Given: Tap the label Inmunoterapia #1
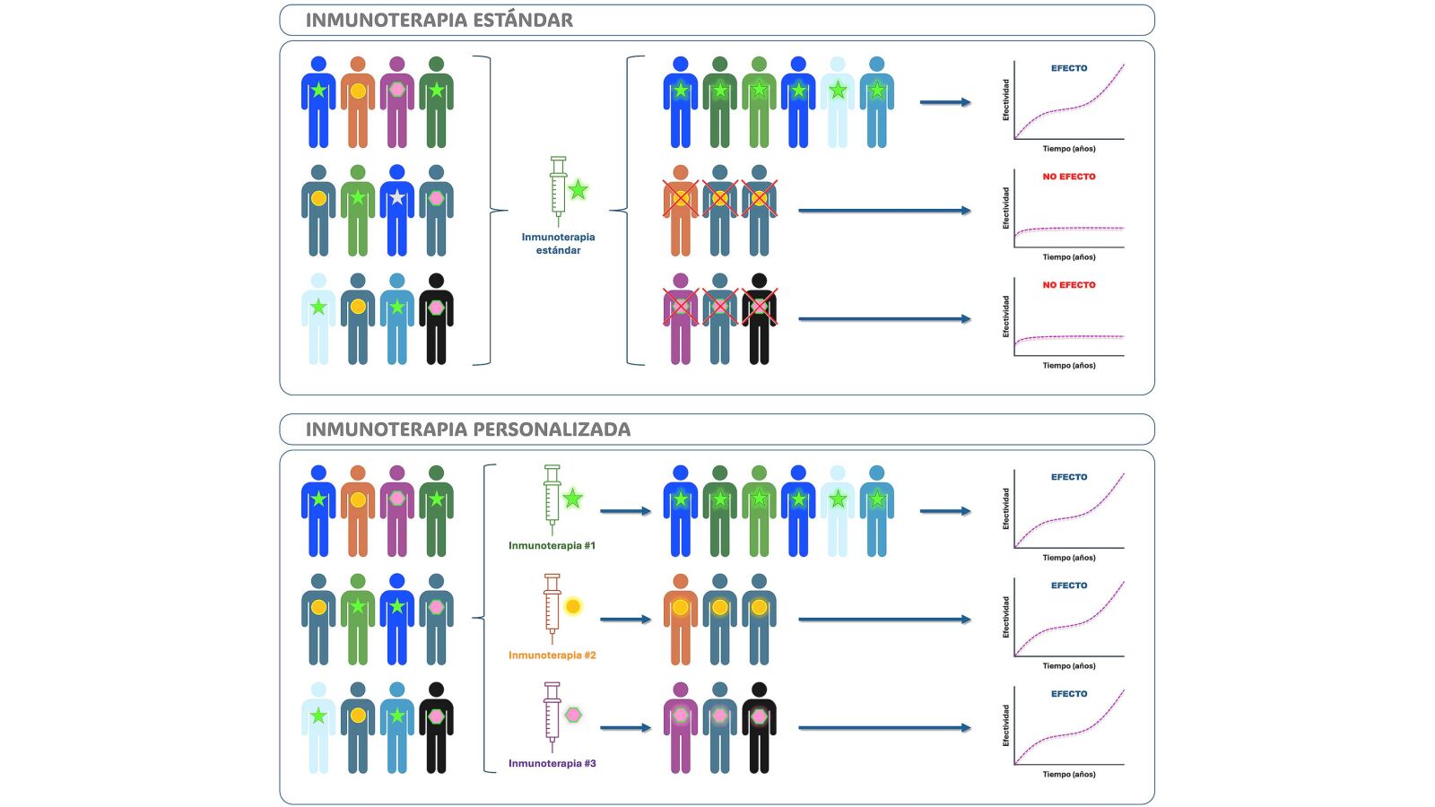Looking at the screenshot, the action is [x=552, y=546].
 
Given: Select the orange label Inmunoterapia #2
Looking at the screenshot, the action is [x=552, y=655].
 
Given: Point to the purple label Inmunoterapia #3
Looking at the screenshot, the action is [x=552, y=763].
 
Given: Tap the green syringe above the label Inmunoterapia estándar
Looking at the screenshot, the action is [x=559, y=191].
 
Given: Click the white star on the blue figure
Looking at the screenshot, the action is [x=397, y=197].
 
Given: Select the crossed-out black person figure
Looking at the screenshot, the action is [x=759, y=319].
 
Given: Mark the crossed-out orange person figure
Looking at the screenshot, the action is [x=681, y=211].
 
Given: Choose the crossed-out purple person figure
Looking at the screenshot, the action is [x=681, y=319].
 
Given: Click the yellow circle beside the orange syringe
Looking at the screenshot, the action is [x=573, y=606].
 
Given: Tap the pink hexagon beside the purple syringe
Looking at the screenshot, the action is [x=573, y=715].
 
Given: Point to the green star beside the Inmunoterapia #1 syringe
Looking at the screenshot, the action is [x=573, y=499].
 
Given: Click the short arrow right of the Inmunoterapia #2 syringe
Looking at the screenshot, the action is [x=626, y=620].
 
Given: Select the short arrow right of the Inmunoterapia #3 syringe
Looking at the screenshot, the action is [x=626, y=727].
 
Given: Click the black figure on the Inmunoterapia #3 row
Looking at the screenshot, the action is [x=759, y=728].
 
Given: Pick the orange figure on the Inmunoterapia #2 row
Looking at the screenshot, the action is [x=681, y=620].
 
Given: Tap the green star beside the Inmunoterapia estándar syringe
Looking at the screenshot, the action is [x=578, y=190].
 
